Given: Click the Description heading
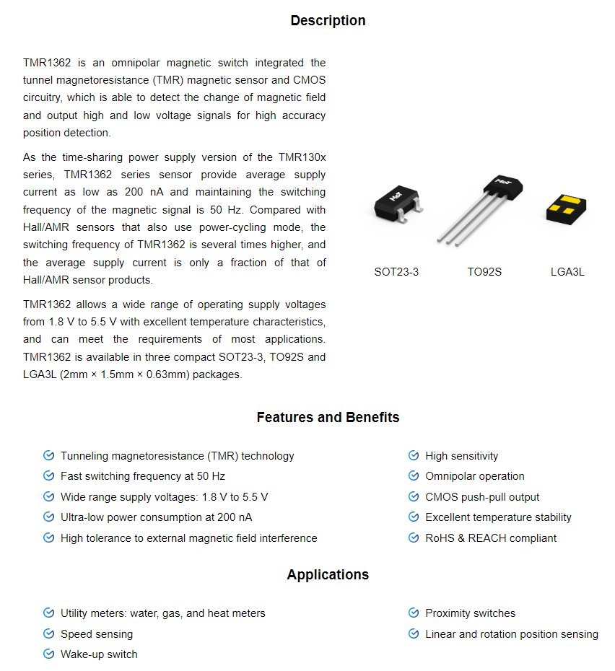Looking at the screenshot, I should [328, 20].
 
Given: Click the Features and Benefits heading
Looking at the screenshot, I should [328, 417].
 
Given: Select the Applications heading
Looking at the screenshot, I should [328, 574].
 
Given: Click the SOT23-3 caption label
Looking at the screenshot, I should [396, 272].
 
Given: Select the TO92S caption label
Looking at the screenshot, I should [484, 272].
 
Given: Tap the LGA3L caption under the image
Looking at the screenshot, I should [567, 272].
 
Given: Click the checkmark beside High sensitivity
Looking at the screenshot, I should [414, 456].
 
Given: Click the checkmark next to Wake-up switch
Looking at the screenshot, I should [48, 654].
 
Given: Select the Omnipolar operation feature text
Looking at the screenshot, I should [475, 476].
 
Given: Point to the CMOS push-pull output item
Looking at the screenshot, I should [482, 497].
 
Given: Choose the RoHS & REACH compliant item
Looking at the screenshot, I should [491, 538].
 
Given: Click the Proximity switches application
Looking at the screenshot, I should [471, 613].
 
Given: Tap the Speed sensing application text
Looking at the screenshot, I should [97, 634].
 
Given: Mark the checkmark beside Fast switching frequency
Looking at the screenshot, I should [48, 476].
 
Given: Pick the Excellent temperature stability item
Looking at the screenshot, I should [498, 517].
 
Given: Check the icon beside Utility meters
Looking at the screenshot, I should [48, 613].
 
